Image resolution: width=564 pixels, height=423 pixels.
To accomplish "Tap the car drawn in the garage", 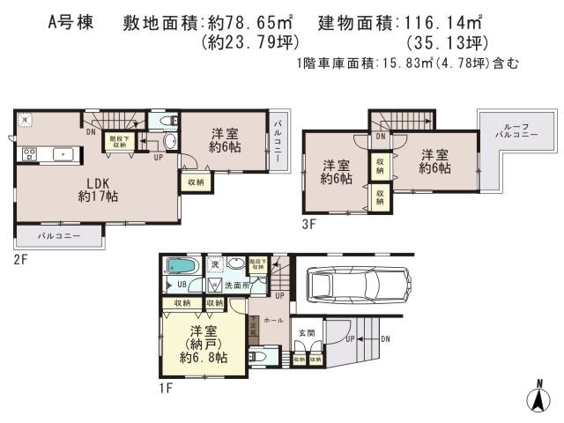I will click(x=356, y=285).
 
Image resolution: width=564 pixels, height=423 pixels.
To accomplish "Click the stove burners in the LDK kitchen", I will click(x=28, y=154).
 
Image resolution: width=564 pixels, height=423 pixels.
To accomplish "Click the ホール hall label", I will click(x=273, y=321).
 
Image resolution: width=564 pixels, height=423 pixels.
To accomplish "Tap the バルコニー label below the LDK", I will click(x=58, y=237).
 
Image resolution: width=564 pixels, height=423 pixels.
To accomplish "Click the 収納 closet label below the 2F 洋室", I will click(x=195, y=182).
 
